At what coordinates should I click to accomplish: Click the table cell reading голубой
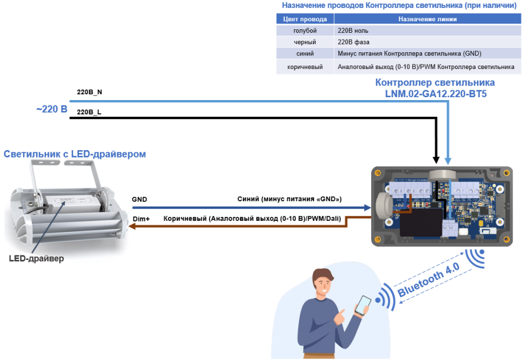coord(305,30)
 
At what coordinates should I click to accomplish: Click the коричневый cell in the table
coord(305,67)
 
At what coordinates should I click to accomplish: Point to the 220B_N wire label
coord(90,92)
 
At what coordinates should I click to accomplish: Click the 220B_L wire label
coord(89,112)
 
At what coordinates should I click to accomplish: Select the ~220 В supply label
coord(52,108)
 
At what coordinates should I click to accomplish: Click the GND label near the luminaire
coord(139,200)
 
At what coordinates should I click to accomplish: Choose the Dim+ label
coord(141,219)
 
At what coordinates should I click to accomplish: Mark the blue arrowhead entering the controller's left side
coord(367,208)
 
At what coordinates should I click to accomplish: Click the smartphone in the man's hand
coord(362,305)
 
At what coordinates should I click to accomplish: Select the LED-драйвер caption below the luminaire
coord(36,259)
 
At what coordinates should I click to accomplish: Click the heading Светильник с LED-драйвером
coord(75,154)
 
